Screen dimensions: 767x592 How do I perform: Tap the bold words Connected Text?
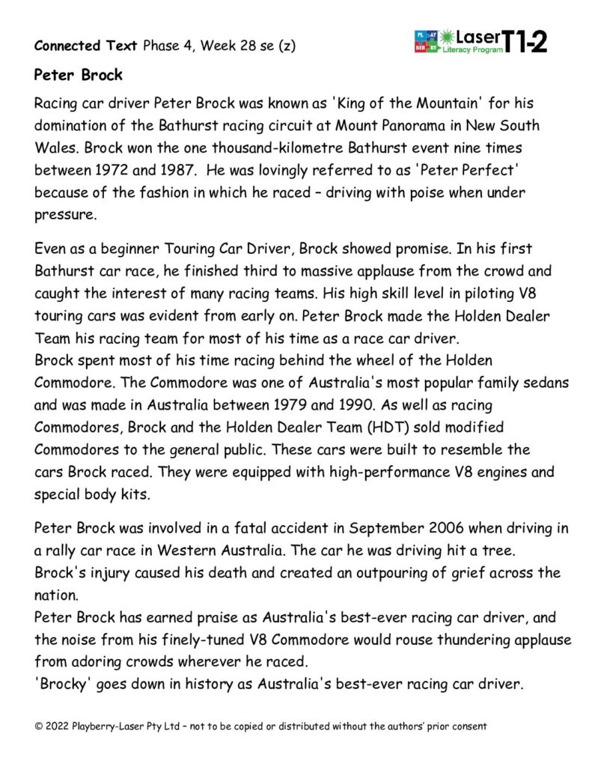click(x=86, y=46)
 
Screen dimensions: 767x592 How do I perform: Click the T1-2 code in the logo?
click(x=525, y=42)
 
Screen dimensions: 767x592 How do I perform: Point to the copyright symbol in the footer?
click(x=39, y=726)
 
